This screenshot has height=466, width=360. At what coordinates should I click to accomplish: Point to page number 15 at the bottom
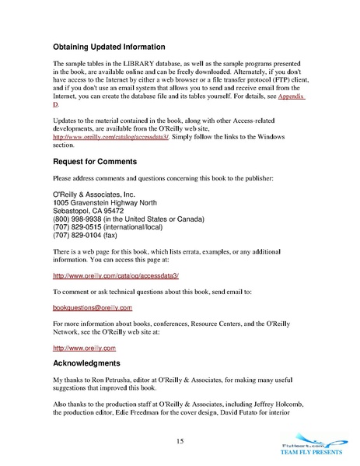(180, 442)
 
